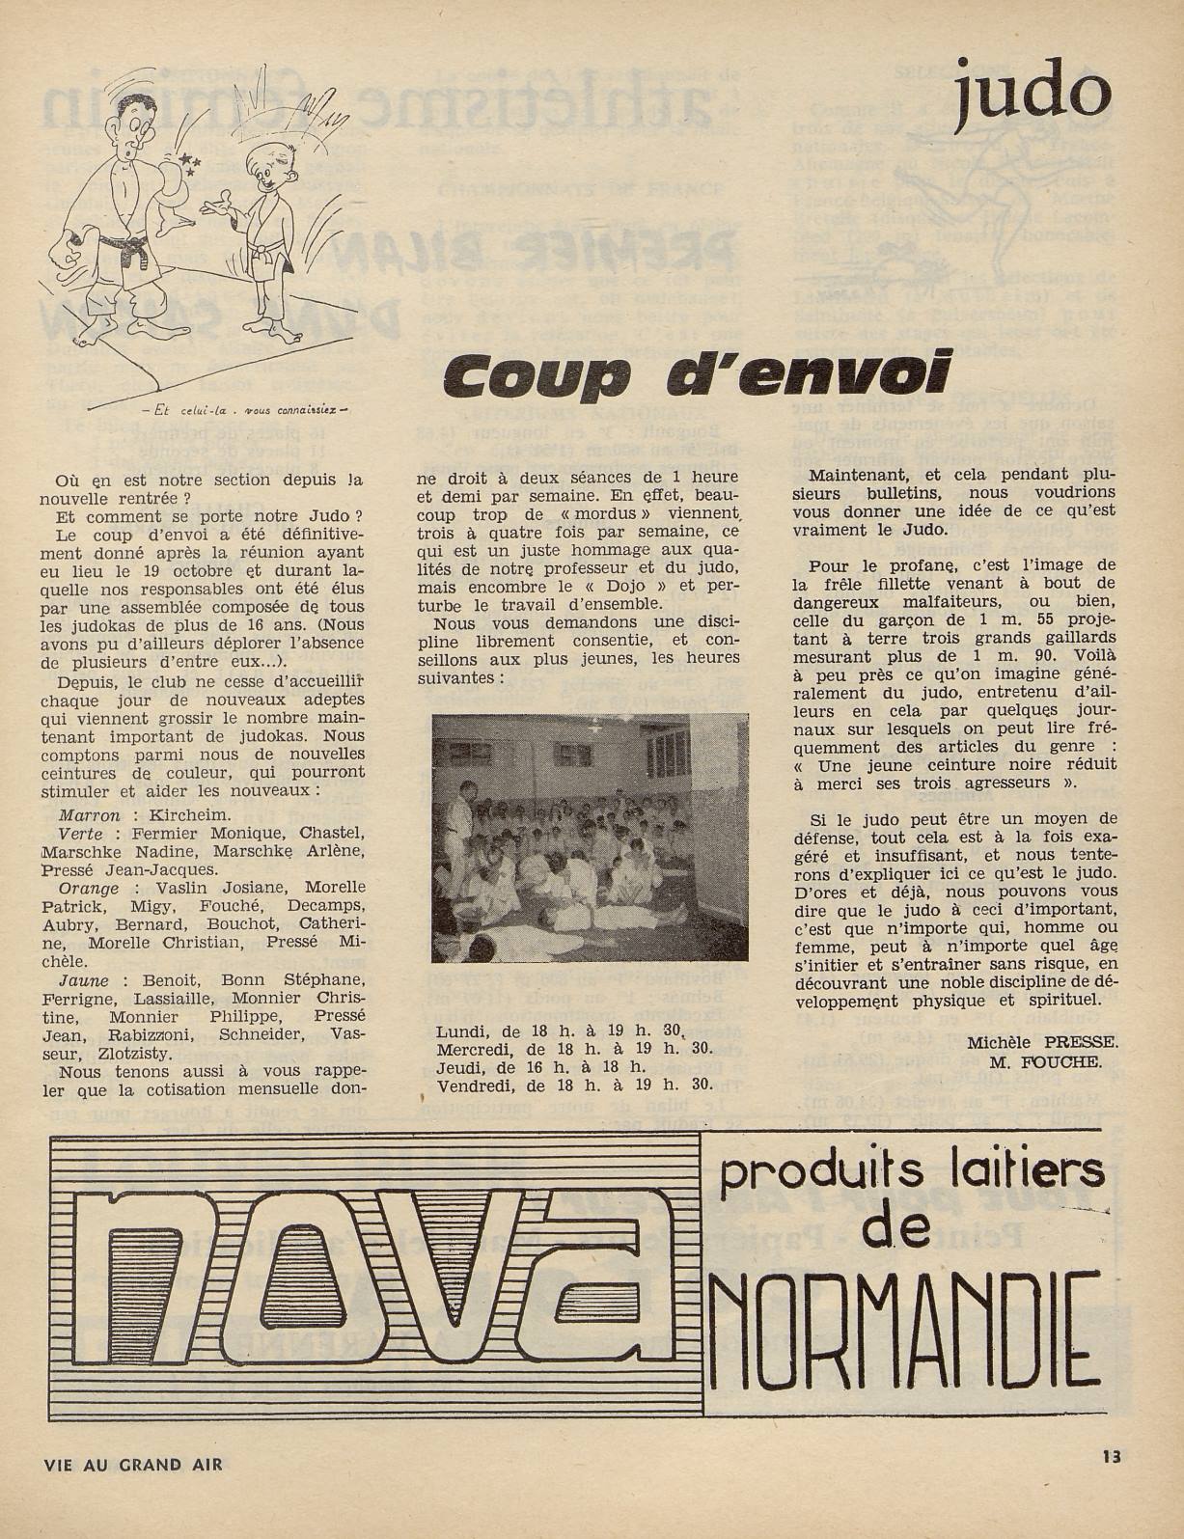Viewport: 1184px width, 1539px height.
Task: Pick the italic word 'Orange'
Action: (x=89, y=888)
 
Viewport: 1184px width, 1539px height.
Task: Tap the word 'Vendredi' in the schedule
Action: (x=473, y=1085)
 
